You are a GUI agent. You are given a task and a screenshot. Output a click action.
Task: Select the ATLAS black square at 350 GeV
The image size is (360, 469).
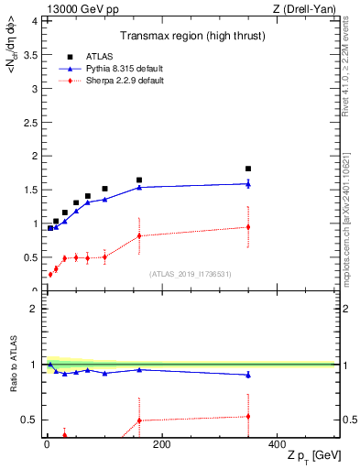[x=248, y=169]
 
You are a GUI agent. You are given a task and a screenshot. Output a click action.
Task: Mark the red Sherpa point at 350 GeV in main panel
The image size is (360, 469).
[x=248, y=226]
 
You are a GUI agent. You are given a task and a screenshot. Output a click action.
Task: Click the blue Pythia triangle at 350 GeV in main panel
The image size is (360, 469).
[x=248, y=183]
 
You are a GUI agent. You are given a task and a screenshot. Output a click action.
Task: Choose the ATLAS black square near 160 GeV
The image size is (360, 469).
[x=139, y=180]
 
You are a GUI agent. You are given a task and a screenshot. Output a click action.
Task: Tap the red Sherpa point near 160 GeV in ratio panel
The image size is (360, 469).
[x=139, y=420]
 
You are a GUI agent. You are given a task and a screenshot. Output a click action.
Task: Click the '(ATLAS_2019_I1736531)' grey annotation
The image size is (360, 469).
[x=190, y=274]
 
